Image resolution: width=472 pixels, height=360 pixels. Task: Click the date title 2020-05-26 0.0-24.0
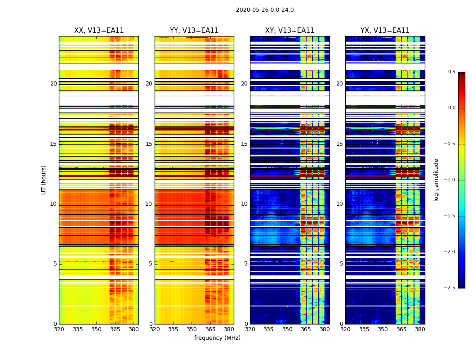coord(265,10)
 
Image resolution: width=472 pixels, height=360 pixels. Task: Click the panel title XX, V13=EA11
coord(99,31)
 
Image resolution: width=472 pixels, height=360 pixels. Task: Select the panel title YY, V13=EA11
coord(194,31)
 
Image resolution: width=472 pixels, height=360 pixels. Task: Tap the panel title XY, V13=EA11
coord(289,31)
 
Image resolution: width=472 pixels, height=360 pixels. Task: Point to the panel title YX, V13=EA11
coord(385,31)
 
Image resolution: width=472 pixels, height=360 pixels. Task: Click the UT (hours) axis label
coord(44,180)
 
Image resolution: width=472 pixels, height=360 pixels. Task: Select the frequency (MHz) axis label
coord(217,338)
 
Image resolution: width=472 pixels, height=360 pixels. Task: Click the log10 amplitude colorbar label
coord(436,180)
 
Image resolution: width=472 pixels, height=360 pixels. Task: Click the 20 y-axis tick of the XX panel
coord(53,84)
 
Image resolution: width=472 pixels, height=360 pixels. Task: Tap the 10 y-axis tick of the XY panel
coord(245,204)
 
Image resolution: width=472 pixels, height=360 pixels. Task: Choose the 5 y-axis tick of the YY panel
coord(151,264)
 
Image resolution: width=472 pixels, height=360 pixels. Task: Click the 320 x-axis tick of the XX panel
coord(59,329)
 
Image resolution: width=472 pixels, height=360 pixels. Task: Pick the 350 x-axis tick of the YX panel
coord(383,329)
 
